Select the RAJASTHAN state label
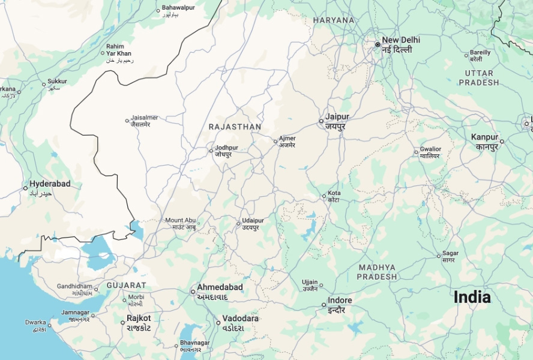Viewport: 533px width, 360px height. pyautogui.click(x=235, y=127)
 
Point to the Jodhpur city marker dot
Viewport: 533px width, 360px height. pyautogui.click(x=211, y=150)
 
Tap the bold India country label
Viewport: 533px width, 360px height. pyautogui.click(x=472, y=297)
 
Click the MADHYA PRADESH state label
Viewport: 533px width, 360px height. pyautogui.click(x=377, y=272)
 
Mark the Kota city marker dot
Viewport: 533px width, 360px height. pyautogui.click(x=324, y=196)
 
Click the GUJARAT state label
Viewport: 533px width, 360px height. pyautogui.click(x=126, y=285)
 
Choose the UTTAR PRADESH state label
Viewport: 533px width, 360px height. pyautogui.click(x=478, y=77)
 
